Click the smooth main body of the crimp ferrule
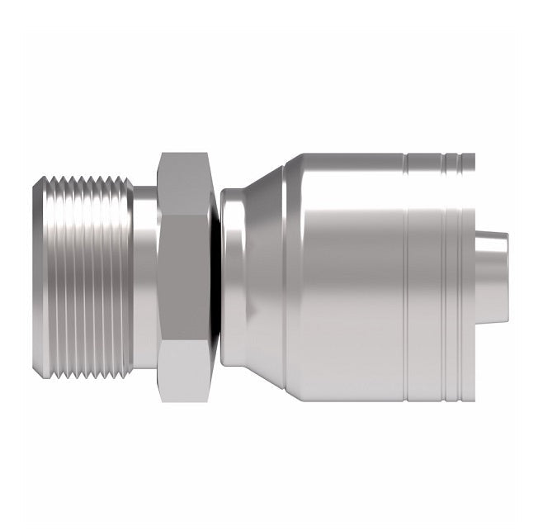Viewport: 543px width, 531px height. [347, 266]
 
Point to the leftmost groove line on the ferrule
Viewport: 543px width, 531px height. [407, 266]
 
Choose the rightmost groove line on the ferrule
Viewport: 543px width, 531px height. [456, 266]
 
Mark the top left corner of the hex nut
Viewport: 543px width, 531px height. [160, 155]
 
